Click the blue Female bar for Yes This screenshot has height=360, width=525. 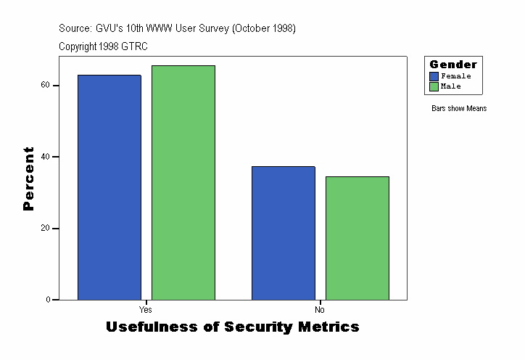pyautogui.click(x=109, y=187)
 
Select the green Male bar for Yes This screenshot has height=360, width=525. pyautogui.click(x=183, y=182)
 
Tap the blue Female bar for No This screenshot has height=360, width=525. pyautogui.click(x=284, y=233)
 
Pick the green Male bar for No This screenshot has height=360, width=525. pyautogui.click(x=357, y=238)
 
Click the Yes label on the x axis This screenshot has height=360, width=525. pyautogui.click(x=146, y=308)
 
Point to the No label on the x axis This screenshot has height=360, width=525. pyautogui.click(x=320, y=308)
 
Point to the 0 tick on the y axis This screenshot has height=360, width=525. pyautogui.click(x=48, y=300)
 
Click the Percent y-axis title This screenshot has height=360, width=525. pyautogui.click(x=28, y=179)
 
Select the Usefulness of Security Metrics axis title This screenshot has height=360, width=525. pyautogui.click(x=233, y=327)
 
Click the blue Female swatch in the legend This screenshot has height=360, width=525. pyautogui.click(x=434, y=76)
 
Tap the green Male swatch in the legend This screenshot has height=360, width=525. pyautogui.click(x=434, y=86)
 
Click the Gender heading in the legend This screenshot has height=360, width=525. pyautogui.click(x=453, y=65)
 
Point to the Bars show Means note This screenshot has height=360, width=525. pyautogui.click(x=459, y=109)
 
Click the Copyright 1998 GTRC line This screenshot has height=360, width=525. pyautogui.click(x=103, y=46)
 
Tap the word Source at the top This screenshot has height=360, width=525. pyautogui.click(x=75, y=28)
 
